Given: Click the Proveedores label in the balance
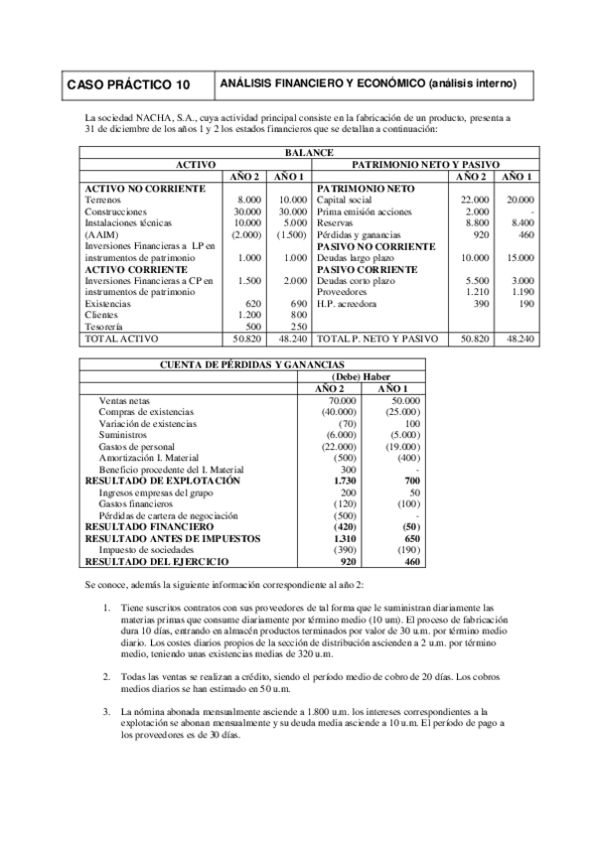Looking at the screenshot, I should pos(342,292).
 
